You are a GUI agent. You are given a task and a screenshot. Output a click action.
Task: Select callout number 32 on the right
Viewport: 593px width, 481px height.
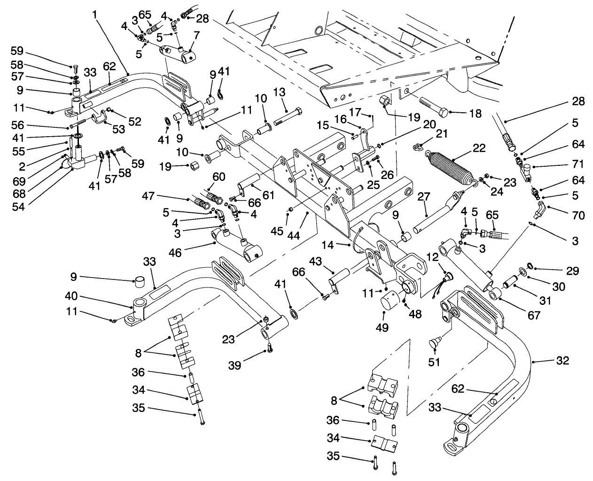[x=562, y=361]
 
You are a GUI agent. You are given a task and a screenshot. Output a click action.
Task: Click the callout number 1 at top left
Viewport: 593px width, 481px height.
[x=95, y=15]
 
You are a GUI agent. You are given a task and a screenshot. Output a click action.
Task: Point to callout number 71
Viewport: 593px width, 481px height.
[x=578, y=164]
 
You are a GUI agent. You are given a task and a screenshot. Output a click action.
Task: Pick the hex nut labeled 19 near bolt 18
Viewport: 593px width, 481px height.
[x=385, y=100]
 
